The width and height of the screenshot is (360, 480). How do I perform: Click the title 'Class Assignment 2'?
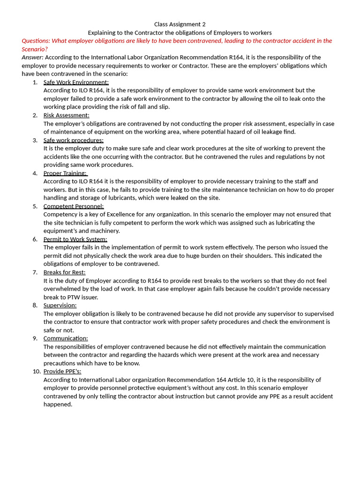[180, 24]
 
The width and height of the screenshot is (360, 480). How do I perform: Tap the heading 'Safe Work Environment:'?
[76, 82]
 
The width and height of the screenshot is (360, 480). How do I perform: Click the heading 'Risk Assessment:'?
[66, 115]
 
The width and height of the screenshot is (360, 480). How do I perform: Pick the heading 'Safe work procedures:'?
[73, 140]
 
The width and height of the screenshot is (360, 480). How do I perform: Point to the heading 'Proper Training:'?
[65, 173]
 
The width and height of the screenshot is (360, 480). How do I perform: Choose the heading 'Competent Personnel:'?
[74, 206]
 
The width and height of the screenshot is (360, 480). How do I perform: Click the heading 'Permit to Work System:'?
[75, 239]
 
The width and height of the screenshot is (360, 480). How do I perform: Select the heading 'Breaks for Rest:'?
[64, 272]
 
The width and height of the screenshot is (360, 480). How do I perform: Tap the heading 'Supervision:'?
[60, 305]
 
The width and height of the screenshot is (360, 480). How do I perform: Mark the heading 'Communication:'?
[66, 338]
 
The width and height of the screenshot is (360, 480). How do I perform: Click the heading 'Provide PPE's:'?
[62, 371]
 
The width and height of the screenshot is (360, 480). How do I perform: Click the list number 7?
[35, 272]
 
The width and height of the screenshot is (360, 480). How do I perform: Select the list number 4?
[35, 173]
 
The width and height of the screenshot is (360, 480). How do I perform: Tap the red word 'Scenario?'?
[35, 49]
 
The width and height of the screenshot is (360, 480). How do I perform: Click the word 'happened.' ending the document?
[58, 404]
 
